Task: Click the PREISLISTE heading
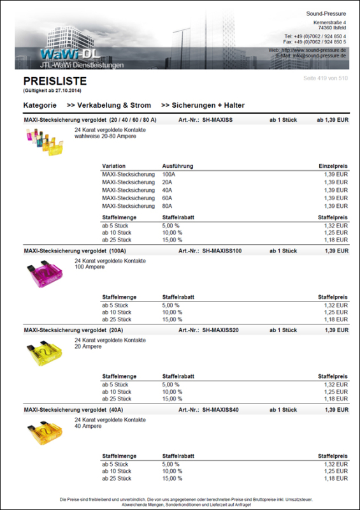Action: pyautogui.click(x=55, y=82)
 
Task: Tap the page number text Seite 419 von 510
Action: pyautogui.click(x=326, y=78)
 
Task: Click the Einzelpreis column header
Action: pyautogui.click(x=333, y=166)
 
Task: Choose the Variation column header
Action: pyautogui.click(x=114, y=166)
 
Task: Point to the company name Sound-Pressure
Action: pyautogui.click(x=326, y=13)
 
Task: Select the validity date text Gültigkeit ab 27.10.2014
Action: pyautogui.click(x=54, y=91)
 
